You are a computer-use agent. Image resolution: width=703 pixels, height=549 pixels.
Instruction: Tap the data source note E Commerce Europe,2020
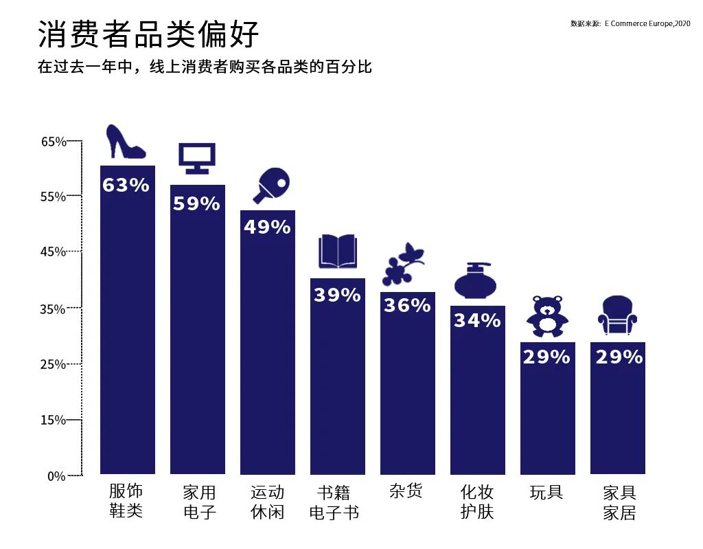click(x=630, y=23)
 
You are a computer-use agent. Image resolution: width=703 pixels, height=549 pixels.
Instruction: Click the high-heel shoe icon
click(x=126, y=142)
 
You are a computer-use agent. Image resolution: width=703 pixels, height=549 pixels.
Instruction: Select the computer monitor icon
click(x=197, y=159)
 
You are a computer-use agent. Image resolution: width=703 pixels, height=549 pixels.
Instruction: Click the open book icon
click(x=337, y=251)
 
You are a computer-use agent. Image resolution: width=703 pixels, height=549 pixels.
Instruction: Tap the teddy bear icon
click(x=547, y=317)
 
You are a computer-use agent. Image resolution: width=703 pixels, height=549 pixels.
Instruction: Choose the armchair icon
click(x=617, y=315)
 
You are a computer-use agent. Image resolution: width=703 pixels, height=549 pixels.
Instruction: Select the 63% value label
click(x=126, y=185)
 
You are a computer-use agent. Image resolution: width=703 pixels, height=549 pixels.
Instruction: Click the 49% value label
click(x=267, y=227)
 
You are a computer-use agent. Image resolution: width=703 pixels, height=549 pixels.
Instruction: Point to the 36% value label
click(x=407, y=304)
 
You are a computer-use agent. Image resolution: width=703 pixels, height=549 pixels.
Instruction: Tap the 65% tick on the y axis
click(x=54, y=142)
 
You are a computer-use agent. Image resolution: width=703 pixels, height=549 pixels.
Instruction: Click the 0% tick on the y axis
click(x=56, y=475)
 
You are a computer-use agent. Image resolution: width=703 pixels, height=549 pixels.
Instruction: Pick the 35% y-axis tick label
click(x=54, y=309)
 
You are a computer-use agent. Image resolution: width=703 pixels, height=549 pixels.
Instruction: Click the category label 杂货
click(x=406, y=491)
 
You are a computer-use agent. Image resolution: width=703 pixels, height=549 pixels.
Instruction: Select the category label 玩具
click(x=546, y=492)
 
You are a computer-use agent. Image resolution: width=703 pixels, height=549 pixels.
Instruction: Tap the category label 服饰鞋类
click(x=126, y=501)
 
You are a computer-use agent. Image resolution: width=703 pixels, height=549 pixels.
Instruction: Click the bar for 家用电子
click(x=197, y=344)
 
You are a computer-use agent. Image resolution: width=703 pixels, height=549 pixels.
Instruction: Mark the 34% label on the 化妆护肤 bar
click(x=477, y=320)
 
